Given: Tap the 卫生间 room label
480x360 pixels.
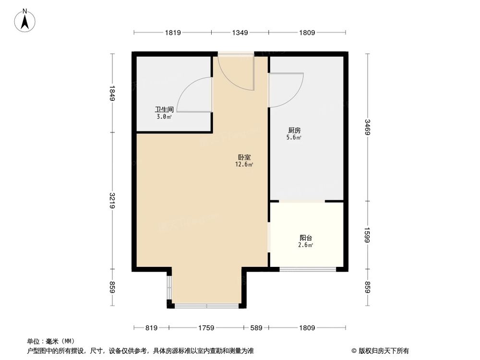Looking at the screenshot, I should pos(164,109).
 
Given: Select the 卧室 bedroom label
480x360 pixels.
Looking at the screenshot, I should pos(244,157).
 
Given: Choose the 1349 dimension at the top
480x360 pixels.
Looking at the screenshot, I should pos(240,33).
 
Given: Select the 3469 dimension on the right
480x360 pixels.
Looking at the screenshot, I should pos(367,127).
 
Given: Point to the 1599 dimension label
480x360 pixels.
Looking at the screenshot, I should pos(367,235).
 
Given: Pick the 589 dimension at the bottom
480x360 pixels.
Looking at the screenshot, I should pos(256,328).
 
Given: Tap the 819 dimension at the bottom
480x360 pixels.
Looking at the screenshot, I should pos(151,328).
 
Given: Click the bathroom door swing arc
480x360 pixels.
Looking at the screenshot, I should pos(192,94).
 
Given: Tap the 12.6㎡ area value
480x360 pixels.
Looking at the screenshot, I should pos(244,164).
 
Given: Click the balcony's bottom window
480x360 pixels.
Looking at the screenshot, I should pos(307,270).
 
